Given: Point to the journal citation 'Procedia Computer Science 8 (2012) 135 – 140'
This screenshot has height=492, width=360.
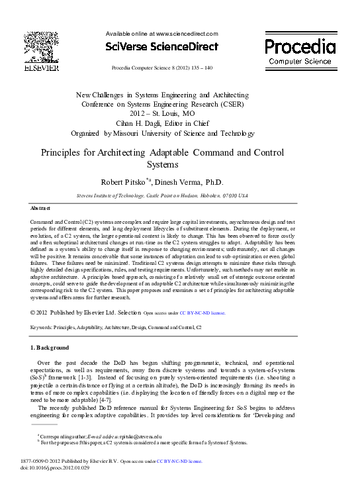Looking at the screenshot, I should [x=162, y=68].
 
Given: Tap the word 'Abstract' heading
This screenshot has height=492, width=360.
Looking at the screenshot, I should [x=42, y=208].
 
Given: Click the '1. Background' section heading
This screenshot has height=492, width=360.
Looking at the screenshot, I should [x=50, y=347].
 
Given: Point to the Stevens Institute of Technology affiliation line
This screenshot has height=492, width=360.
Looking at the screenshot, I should [x=162, y=195].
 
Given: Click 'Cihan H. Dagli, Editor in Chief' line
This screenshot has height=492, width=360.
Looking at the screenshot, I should [x=162, y=123].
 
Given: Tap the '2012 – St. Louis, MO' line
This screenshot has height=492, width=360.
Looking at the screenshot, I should [x=162, y=114].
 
